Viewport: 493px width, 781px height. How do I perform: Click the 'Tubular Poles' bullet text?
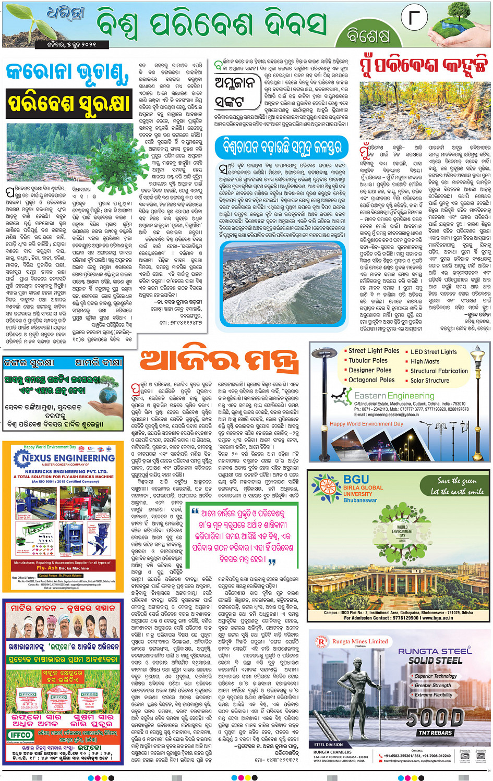click(368, 360)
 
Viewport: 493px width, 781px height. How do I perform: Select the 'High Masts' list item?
click(425, 361)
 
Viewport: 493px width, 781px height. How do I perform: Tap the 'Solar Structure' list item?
click(429, 381)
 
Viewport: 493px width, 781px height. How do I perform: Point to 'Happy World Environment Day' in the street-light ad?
click(366, 424)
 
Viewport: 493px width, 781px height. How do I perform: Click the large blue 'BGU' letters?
click(356, 480)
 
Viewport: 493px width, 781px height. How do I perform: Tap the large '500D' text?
click(435, 718)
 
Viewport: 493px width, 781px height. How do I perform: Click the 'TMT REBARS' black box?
click(435, 733)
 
